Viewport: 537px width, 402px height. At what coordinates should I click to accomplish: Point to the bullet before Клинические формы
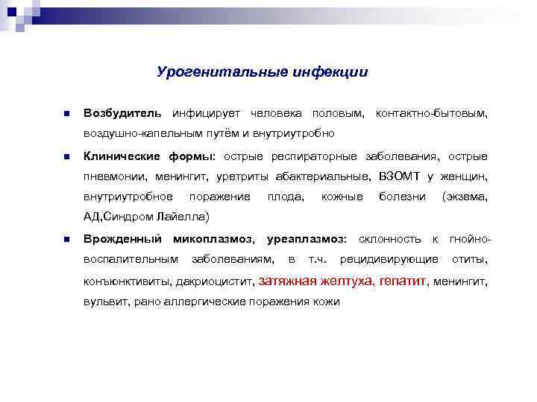(66, 157)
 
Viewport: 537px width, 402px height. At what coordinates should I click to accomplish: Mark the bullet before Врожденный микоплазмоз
(66, 240)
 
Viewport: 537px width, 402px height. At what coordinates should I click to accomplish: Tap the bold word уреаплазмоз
(307, 239)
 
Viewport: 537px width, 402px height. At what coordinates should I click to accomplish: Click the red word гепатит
(403, 282)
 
